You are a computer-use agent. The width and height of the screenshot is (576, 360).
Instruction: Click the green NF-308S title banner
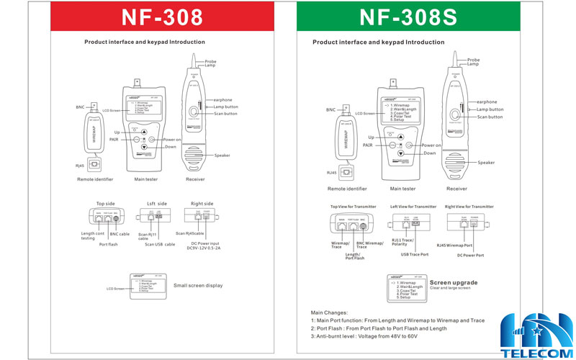coord(418,17)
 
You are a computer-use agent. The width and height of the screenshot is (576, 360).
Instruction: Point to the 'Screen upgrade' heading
coord(454,282)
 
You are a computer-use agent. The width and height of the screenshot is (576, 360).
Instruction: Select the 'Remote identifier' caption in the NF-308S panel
coord(347,189)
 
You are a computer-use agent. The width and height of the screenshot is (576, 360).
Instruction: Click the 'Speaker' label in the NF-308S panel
coord(487,163)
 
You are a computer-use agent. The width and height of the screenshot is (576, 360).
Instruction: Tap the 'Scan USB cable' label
coord(159,243)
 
